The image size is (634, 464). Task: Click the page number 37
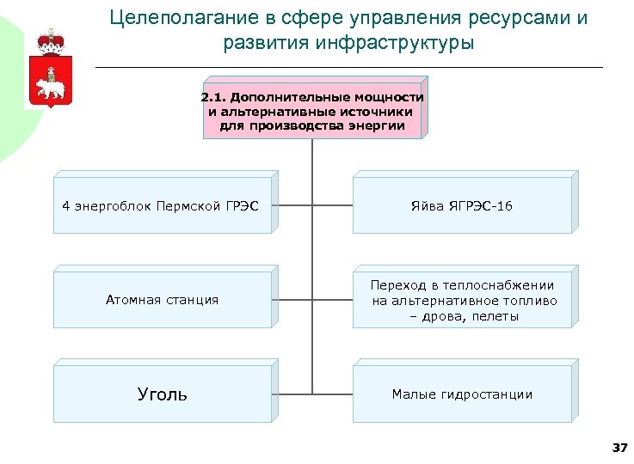[x=619, y=448]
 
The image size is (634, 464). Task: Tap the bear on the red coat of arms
[x=50, y=86]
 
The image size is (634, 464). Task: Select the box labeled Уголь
[x=163, y=394]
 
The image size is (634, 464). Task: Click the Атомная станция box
[x=163, y=300]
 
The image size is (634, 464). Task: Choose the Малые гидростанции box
[x=462, y=394]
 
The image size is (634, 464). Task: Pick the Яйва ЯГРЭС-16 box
[x=462, y=206]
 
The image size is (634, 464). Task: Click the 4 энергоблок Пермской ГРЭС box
[x=163, y=206]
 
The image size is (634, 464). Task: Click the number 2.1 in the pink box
[x=212, y=97]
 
